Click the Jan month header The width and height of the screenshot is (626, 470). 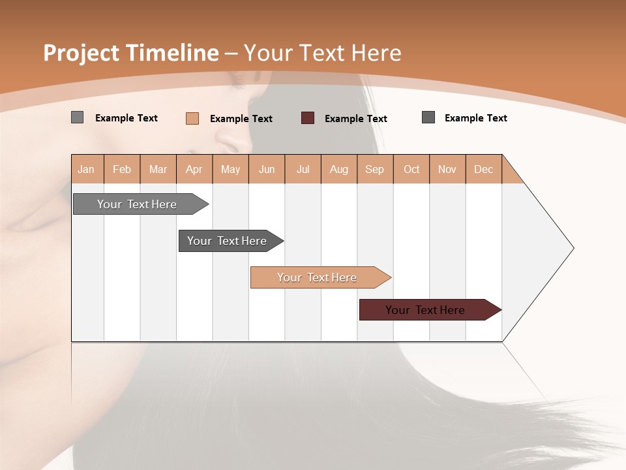point(87,169)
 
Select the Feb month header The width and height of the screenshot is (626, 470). point(122,169)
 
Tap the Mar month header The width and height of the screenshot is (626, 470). point(158,169)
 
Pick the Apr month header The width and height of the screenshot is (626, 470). point(194,169)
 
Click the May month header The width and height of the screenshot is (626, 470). point(230,169)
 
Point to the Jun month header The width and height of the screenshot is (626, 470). point(267,169)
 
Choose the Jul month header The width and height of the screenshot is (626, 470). point(303,169)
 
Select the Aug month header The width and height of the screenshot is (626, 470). point(339,169)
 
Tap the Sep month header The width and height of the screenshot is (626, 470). point(375,169)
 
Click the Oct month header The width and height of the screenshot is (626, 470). point(411,169)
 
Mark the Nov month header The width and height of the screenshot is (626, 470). point(447,169)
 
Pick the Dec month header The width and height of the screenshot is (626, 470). point(484,169)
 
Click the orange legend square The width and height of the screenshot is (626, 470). point(192,118)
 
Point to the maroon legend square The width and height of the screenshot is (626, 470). point(308,118)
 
